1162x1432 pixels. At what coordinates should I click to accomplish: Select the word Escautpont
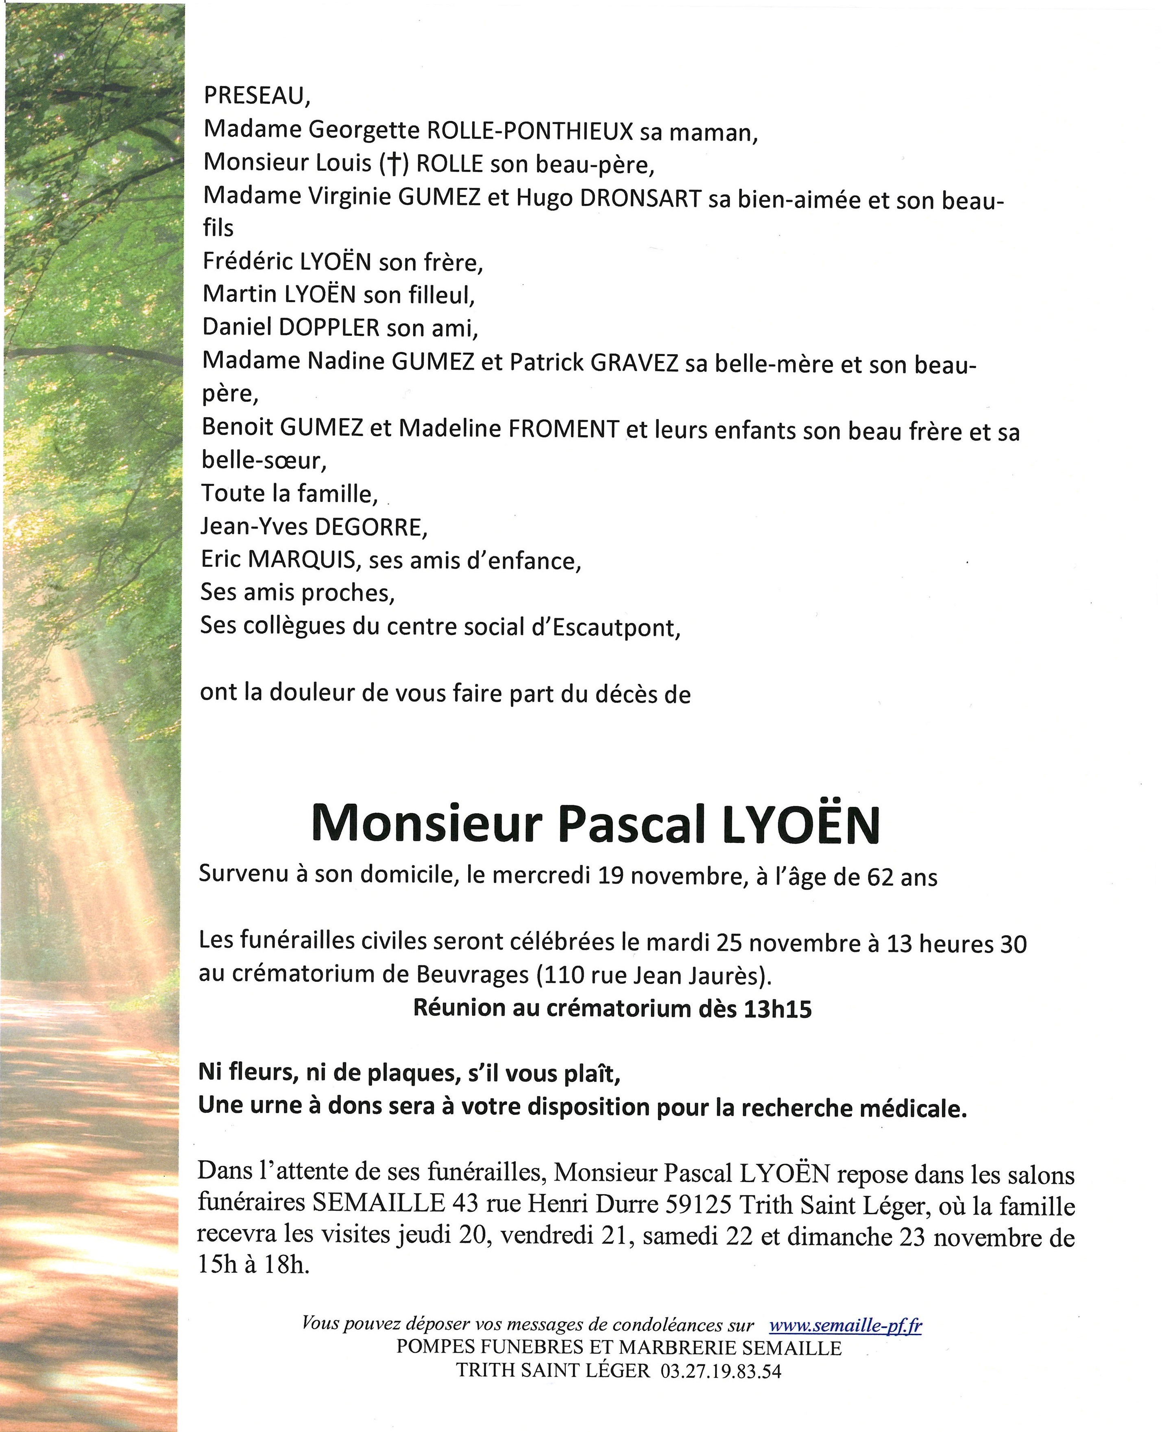[616, 628]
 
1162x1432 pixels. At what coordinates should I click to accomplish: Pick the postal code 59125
[699, 1205]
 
